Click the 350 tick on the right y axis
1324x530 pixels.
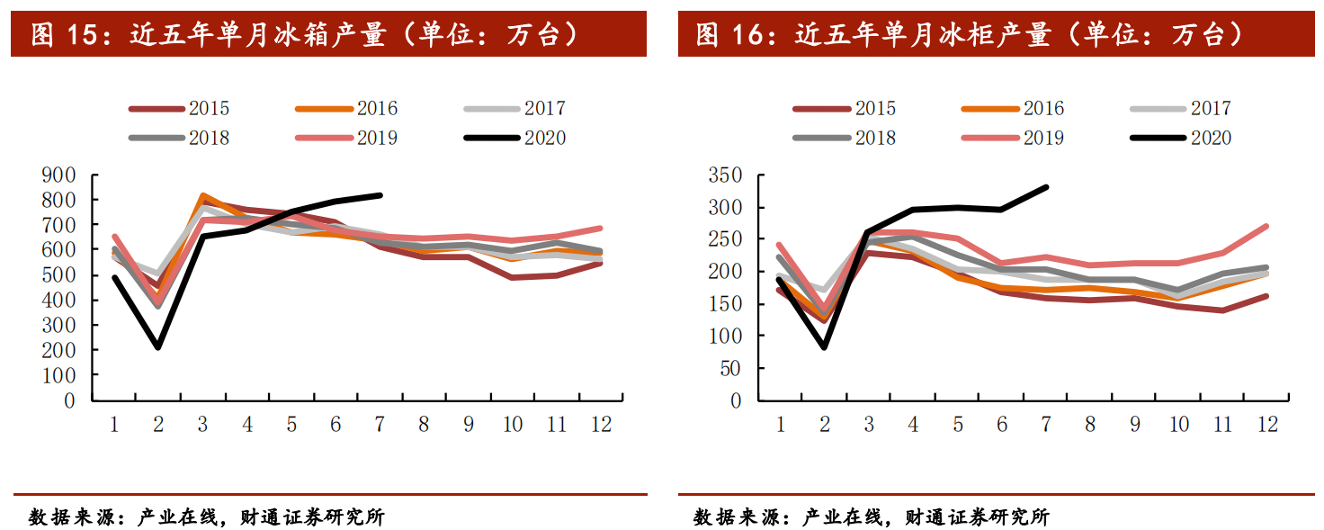pyautogui.click(x=725, y=175)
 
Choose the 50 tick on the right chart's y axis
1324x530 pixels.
pyautogui.click(x=730, y=368)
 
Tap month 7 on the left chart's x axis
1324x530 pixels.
pyautogui.click(x=380, y=424)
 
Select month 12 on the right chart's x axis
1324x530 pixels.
pyautogui.click(x=1267, y=424)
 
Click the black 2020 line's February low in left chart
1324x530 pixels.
pyautogui.click(x=158, y=346)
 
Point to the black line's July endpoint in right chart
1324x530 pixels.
pyautogui.click(x=1046, y=187)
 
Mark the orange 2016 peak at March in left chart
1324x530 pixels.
pyautogui.click(x=203, y=195)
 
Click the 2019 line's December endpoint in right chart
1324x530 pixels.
pyautogui.click(x=1267, y=227)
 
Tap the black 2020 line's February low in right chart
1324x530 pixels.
pyautogui.click(x=824, y=346)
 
